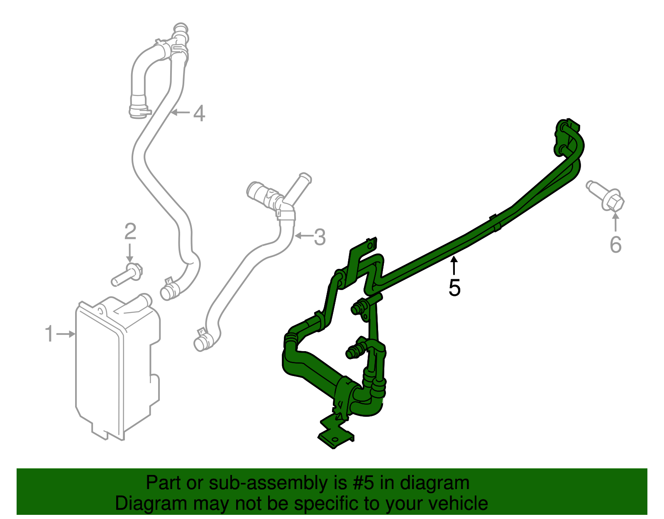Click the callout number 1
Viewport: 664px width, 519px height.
(x=49, y=334)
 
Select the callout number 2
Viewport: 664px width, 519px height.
(x=130, y=231)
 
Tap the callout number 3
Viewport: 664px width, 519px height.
(x=320, y=237)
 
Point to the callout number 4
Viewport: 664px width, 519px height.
(x=199, y=113)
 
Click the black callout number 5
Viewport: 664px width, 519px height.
(x=454, y=288)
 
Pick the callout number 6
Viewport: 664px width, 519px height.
(x=615, y=244)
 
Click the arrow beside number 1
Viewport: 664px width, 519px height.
(x=66, y=334)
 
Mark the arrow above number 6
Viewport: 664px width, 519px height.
(x=615, y=221)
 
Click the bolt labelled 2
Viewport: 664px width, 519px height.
(x=127, y=274)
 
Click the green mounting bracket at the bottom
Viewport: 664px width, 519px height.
(x=335, y=434)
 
